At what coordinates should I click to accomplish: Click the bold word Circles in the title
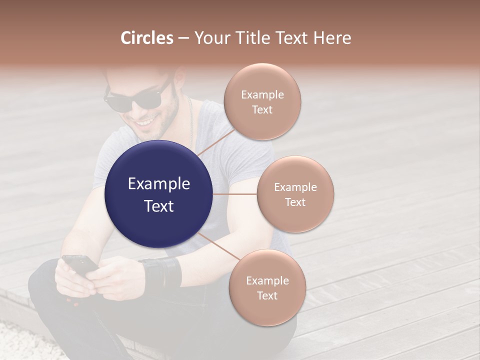click(x=147, y=38)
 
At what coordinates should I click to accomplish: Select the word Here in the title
click(x=331, y=38)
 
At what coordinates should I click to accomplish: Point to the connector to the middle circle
click(x=235, y=194)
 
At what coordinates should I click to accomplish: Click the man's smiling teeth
click(x=146, y=121)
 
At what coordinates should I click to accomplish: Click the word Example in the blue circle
click(x=159, y=184)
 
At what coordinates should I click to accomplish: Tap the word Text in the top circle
click(x=262, y=109)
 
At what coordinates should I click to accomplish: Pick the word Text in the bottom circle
click(x=267, y=295)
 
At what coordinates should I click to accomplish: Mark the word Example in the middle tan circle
click(x=295, y=187)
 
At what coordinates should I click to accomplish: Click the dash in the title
click(x=183, y=38)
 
